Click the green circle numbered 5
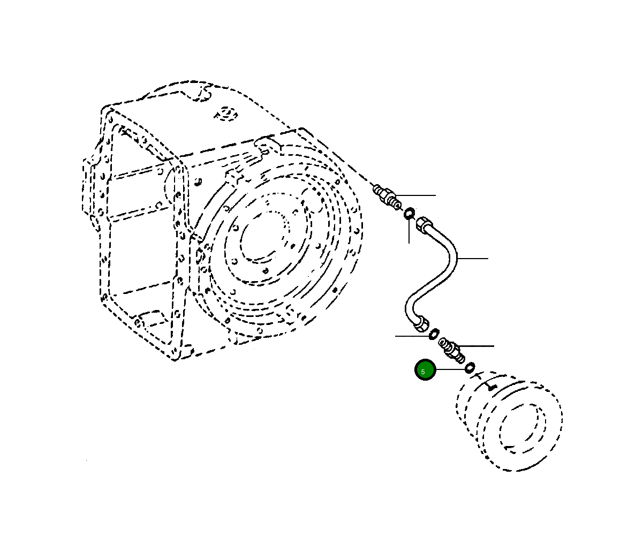[426, 370]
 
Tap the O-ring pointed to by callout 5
[470, 368]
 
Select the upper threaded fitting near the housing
[387, 196]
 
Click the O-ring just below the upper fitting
[409, 214]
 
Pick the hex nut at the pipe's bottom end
[420, 323]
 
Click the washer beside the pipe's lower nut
[434, 333]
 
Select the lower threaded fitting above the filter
[451, 349]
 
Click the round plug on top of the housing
[225, 114]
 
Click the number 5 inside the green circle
[423, 372]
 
